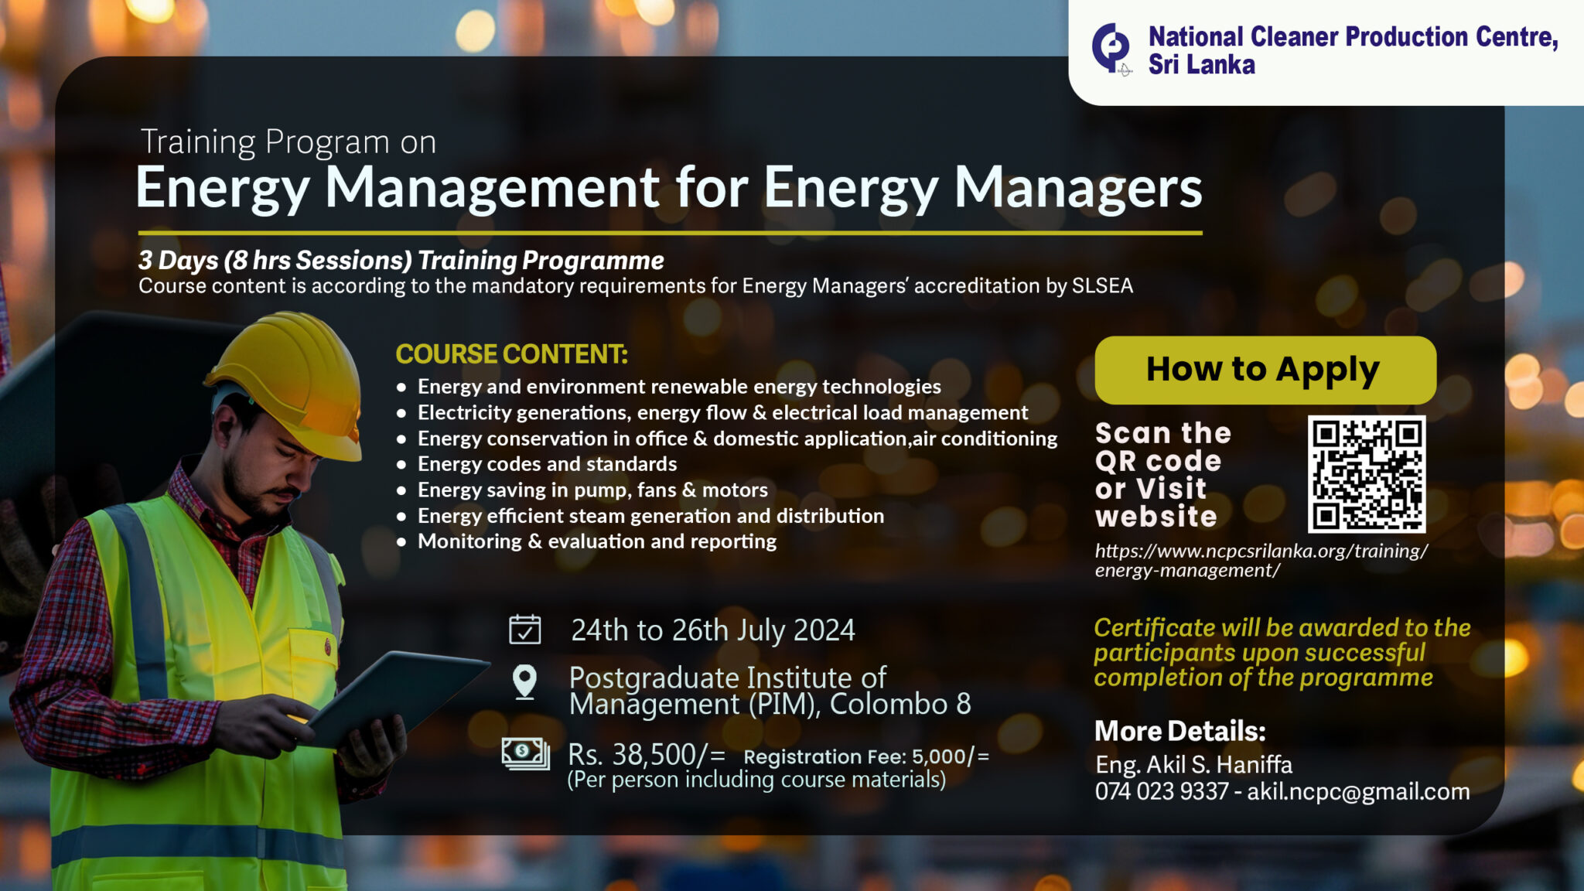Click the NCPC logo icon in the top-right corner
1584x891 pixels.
point(1111,48)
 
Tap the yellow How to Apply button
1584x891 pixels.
point(1265,370)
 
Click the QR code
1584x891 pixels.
point(1366,473)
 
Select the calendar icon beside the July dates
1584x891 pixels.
point(524,630)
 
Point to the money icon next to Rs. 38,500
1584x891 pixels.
point(525,753)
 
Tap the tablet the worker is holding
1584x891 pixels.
point(398,696)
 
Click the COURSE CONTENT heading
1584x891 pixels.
point(511,354)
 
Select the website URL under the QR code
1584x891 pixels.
point(1261,561)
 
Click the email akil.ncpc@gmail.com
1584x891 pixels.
point(1358,791)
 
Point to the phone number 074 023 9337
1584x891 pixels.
point(1161,791)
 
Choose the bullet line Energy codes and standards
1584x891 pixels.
point(547,464)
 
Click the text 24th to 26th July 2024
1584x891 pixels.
point(712,630)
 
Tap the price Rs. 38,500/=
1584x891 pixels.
point(647,754)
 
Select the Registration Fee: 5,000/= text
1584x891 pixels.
point(866,756)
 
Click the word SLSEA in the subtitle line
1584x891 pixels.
point(1102,286)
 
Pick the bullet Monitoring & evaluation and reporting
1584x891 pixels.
point(596,541)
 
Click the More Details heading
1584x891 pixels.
point(1179,731)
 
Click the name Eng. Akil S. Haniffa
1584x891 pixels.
point(1193,765)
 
